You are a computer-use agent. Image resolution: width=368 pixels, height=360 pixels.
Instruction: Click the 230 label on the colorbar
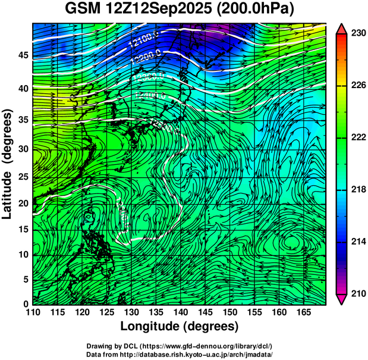357,34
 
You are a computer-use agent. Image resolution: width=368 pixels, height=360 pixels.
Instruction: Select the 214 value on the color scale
357,242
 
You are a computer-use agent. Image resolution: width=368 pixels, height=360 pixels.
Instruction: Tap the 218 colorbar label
357,190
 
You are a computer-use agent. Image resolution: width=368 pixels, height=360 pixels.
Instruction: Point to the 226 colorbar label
357,86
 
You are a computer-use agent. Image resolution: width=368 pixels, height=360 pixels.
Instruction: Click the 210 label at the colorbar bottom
357,293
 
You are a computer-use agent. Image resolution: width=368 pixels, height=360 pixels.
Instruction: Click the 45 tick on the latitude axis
22,55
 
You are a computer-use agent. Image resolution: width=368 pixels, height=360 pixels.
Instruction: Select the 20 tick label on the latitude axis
22,203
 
